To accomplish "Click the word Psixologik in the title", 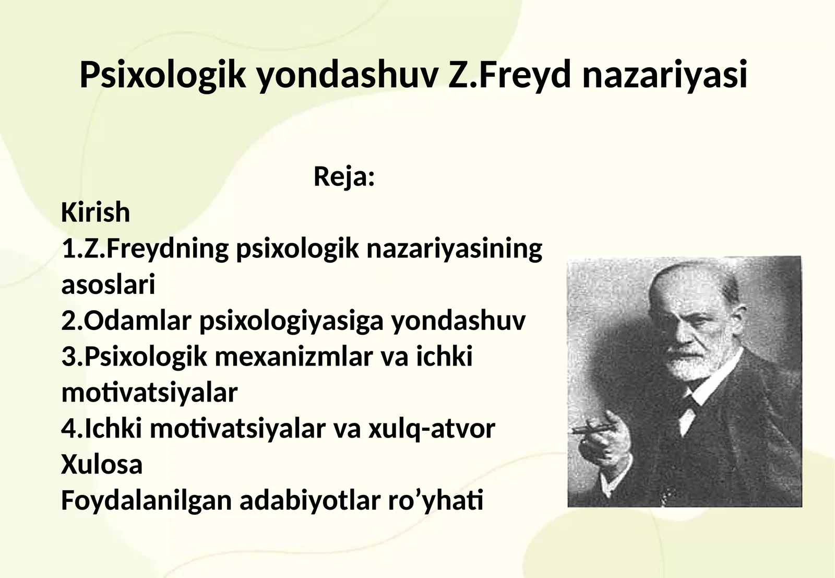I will coord(162,75).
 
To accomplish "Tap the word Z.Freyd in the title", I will coord(510,74).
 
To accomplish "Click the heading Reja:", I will coord(344,176).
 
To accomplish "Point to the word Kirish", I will coord(96,213).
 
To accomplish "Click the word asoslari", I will coord(108,285).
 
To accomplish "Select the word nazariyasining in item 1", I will coord(454,249).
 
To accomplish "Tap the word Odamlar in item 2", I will coord(137,321).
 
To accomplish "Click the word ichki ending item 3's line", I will coord(444,357).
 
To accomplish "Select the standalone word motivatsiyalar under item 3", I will coord(149,393).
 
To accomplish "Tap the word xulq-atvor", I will coord(432,429).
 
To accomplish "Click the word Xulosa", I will coord(102,465).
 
